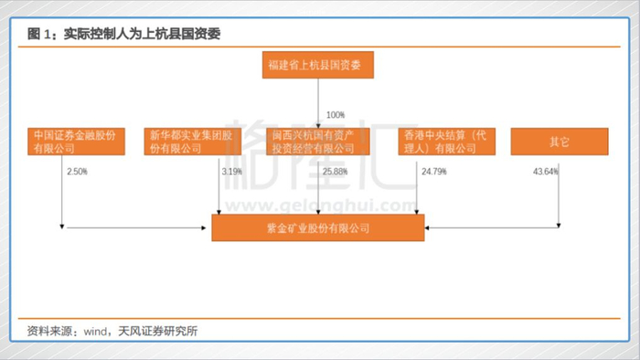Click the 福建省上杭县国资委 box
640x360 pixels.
click(x=318, y=65)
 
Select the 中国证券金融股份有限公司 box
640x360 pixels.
click(x=76, y=142)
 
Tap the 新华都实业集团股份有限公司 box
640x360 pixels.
click(x=193, y=142)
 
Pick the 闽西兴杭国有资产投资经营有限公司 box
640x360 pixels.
click(x=318, y=142)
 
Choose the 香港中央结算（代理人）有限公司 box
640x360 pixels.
click(x=447, y=142)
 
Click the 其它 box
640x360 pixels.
click(x=560, y=142)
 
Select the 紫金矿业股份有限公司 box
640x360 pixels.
click(x=318, y=228)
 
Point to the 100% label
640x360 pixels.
click(x=336, y=115)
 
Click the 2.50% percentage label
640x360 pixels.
click(x=77, y=172)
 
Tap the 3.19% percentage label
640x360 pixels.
click(x=232, y=172)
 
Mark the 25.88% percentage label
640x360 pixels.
click(x=336, y=172)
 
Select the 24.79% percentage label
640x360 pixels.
click(x=434, y=172)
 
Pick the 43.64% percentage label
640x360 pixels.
click(x=546, y=172)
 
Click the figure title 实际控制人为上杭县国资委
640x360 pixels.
click(x=142, y=34)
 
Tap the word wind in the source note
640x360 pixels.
click(x=95, y=332)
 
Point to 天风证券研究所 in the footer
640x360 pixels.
click(x=158, y=331)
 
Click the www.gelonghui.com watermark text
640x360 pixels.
click(x=321, y=206)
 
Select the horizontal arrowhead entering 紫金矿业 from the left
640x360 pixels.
click(x=204, y=228)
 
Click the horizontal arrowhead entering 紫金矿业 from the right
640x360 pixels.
click(x=427, y=228)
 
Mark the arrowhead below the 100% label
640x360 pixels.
click(x=318, y=126)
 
